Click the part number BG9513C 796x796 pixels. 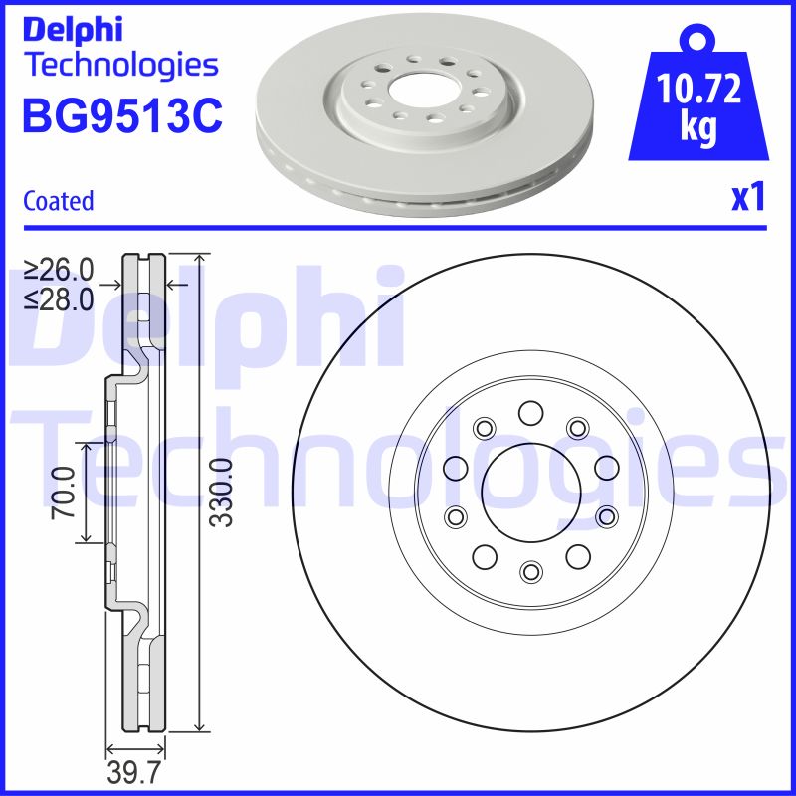point(121,116)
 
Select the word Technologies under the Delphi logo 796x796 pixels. point(119,65)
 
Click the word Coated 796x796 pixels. point(58,201)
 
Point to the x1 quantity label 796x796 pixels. point(747,199)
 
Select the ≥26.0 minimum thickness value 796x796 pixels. point(59,269)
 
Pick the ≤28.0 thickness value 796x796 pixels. point(59,297)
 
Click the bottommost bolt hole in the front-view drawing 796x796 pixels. point(529,570)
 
